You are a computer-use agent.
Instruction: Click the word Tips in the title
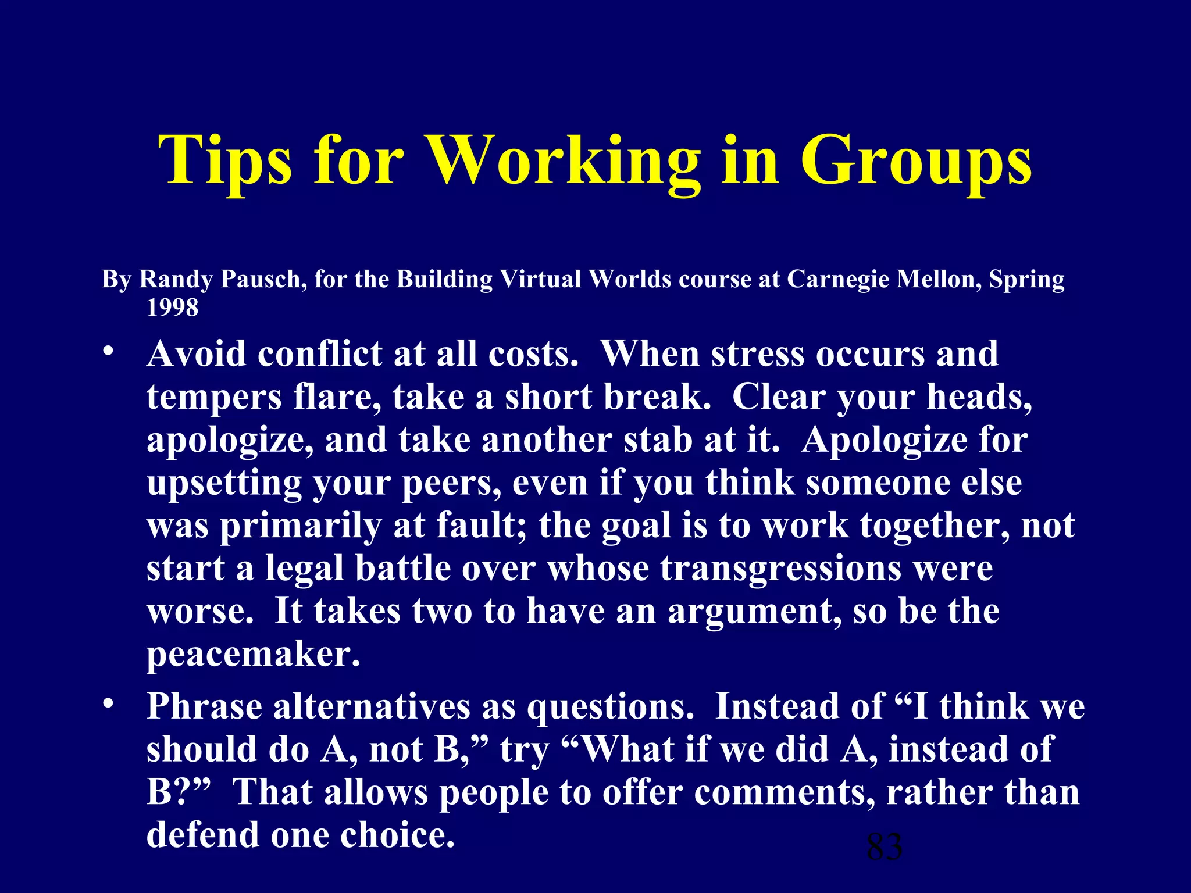[224, 160]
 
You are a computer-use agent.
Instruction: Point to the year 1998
[172, 307]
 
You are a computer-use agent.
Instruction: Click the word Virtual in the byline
[541, 279]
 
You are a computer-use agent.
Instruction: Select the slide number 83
[885, 846]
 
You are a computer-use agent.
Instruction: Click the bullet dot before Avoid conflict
[107, 352]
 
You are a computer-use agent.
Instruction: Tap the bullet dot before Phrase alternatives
[107, 705]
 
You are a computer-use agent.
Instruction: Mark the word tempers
[214, 398]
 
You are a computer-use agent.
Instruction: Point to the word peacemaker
[253, 655]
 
